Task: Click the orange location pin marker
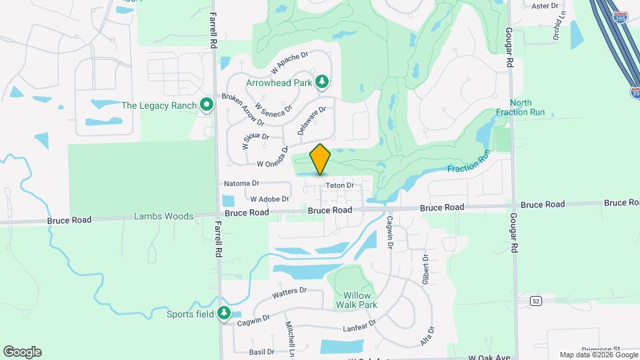(321, 159)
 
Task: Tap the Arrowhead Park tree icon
(323, 82)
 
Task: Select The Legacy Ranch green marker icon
(207, 105)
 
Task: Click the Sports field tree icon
(224, 313)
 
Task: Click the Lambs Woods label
(163, 216)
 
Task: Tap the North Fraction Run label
(527, 107)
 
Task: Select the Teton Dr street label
(339, 185)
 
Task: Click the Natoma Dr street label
(241, 183)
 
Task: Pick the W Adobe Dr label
(269, 199)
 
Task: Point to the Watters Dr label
(289, 292)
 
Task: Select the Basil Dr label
(261, 351)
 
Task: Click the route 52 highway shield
(535, 301)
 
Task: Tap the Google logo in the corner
(22, 352)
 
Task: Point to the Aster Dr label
(544, 6)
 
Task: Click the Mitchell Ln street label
(291, 337)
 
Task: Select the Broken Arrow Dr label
(243, 109)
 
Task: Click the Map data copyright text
(598, 355)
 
